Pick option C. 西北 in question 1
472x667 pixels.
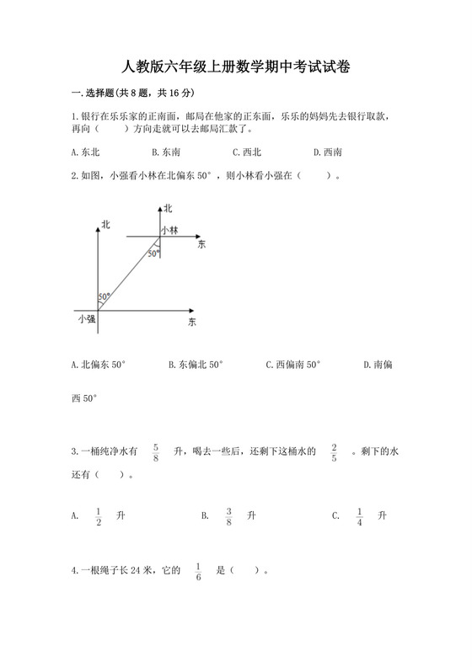click(246, 152)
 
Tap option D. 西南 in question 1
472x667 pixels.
click(326, 152)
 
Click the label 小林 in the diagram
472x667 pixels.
click(169, 230)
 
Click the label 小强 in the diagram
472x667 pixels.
click(86, 319)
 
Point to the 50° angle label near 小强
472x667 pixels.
click(105, 296)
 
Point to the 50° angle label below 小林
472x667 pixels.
click(153, 253)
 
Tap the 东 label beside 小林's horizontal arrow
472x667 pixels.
click(201, 245)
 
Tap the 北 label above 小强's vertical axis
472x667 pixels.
click(105, 223)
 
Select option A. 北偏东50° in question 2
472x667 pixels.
click(99, 365)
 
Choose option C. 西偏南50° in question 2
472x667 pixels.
click(292, 365)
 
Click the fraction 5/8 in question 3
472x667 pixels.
click(156, 452)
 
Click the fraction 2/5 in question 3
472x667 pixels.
click(334, 452)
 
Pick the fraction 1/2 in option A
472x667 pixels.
click(99, 515)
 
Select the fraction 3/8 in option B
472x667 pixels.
click(228, 515)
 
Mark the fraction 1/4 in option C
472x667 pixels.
click(359, 515)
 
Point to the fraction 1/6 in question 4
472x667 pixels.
click(198, 572)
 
